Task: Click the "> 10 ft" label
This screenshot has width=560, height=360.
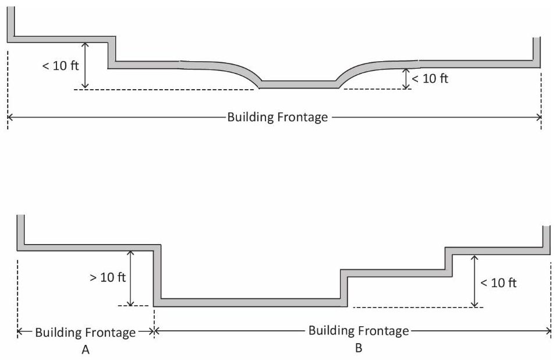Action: coord(108,277)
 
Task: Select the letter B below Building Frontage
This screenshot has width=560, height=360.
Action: coord(359,348)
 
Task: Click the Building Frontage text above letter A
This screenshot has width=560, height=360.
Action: coord(86,333)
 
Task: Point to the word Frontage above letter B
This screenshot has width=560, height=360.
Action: coord(382,331)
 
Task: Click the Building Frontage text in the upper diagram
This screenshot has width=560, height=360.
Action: coord(278,117)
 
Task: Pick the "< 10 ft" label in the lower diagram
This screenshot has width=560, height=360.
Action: coord(498,283)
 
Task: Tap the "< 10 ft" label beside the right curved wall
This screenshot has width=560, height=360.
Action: coord(430,79)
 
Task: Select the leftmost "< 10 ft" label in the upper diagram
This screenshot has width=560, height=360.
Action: coord(60,65)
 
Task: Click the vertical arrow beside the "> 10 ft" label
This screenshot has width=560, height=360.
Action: coord(130,278)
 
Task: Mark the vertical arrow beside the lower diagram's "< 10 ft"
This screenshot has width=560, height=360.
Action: coord(476,281)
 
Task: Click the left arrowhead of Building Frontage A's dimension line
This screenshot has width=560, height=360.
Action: coord(20,332)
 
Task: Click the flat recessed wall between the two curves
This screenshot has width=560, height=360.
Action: coord(299,84)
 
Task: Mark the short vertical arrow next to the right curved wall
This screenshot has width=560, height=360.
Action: coord(406,79)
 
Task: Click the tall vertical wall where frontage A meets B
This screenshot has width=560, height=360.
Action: coord(157,274)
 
